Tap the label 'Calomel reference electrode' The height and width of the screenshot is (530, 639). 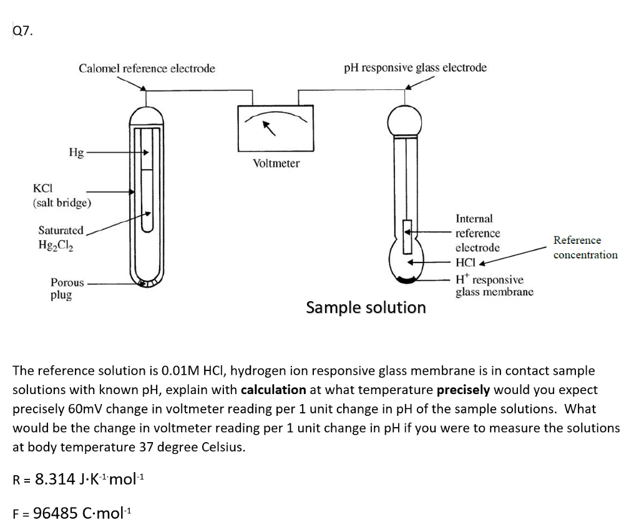click(147, 68)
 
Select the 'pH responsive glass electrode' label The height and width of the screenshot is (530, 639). click(415, 67)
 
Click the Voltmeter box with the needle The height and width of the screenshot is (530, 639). click(276, 129)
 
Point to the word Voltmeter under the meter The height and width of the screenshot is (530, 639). click(276, 163)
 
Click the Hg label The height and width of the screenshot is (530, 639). click(76, 152)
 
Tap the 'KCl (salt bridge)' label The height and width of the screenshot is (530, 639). click(62, 195)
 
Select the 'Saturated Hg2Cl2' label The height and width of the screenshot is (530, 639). click(61, 238)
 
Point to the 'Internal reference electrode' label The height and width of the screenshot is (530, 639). click(477, 233)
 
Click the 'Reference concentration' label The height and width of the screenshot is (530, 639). click(585, 248)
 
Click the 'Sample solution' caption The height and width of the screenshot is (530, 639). click(366, 307)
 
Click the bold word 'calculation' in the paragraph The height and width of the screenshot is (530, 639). click(273, 390)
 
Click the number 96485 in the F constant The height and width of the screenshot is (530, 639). click(56, 513)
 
